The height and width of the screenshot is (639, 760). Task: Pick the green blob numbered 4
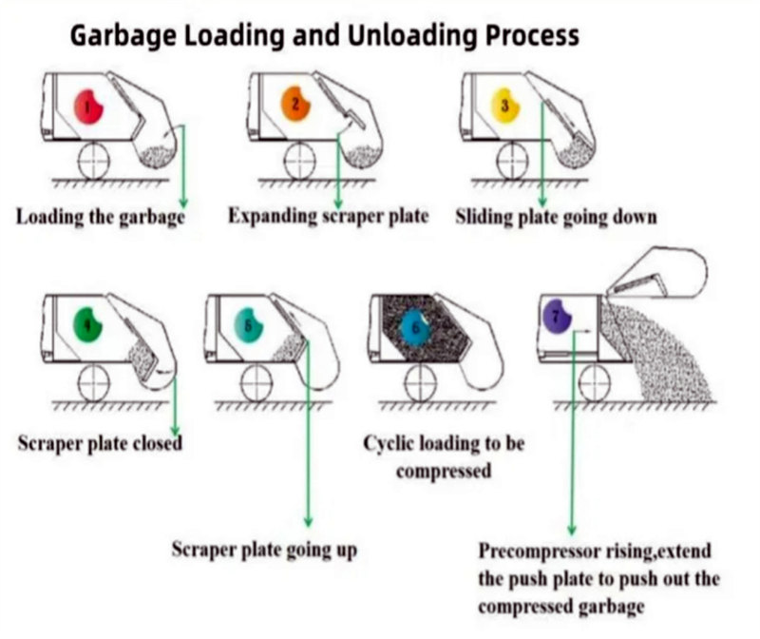click(89, 327)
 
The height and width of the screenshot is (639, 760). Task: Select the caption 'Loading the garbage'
click(100, 217)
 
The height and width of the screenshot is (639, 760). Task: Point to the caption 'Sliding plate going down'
click(556, 217)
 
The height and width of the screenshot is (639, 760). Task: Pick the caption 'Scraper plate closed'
click(100, 443)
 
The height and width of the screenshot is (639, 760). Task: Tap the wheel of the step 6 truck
click(419, 383)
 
